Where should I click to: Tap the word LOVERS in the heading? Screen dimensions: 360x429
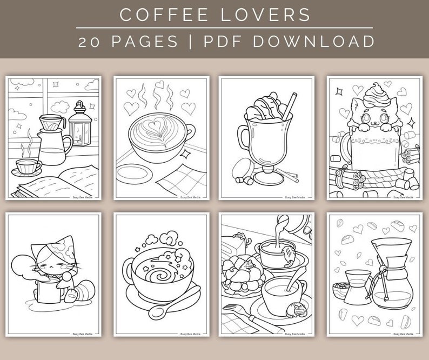[270, 14]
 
